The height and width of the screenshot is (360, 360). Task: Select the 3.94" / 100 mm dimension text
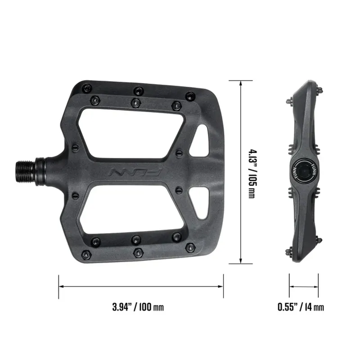(x=138, y=308)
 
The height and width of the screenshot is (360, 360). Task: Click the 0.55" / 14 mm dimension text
(x=301, y=308)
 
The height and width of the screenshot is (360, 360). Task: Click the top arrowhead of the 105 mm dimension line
(x=242, y=83)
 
